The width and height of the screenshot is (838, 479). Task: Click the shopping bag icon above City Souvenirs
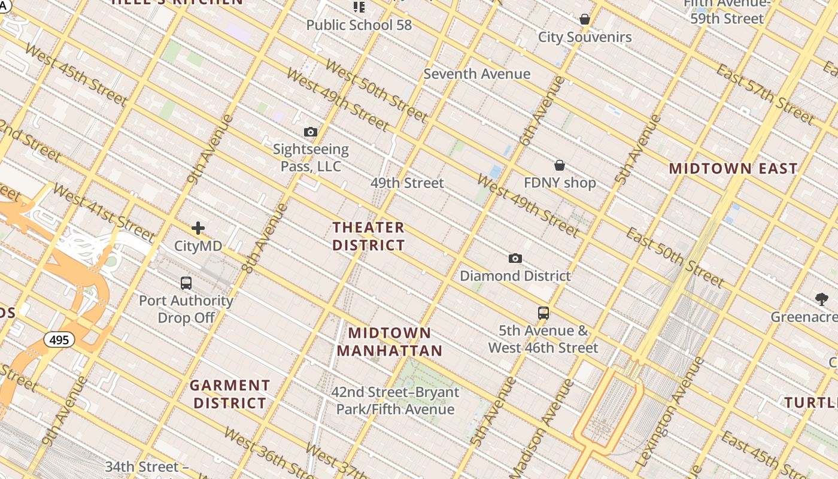pyautogui.click(x=585, y=20)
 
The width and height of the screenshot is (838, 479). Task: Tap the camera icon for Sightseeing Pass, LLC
pyautogui.click(x=310, y=132)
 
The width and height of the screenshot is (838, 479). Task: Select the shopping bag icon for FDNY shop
pyautogui.click(x=560, y=165)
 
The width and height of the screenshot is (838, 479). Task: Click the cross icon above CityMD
pyautogui.click(x=198, y=228)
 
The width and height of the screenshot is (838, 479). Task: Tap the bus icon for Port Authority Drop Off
pyautogui.click(x=186, y=283)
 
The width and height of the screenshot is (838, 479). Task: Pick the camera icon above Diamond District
pyautogui.click(x=515, y=259)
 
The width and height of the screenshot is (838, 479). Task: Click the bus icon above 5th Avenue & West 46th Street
pyautogui.click(x=544, y=313)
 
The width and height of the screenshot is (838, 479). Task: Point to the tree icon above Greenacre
pyautogui.click(x=822, y=299)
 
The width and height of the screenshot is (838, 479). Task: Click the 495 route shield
pyautogui.click(x=59, y=340)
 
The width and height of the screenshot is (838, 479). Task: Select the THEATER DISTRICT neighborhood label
pyautogui.click(x=369, y=237)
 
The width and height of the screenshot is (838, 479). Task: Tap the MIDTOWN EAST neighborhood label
pyautogui.click(x=733, y=169)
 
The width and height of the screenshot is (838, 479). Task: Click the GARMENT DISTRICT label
pyautogui.click(x=230, y=394)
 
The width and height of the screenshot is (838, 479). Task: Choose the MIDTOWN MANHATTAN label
pyautogui.click(x=390, y=342)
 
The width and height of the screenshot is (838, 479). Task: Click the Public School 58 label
pyautogui.click(x=359, y=25)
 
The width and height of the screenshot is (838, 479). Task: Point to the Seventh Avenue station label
pyautogui.click(x=477, y=74)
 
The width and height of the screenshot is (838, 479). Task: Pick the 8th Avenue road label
pyautogui.click(x=265, y=238)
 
